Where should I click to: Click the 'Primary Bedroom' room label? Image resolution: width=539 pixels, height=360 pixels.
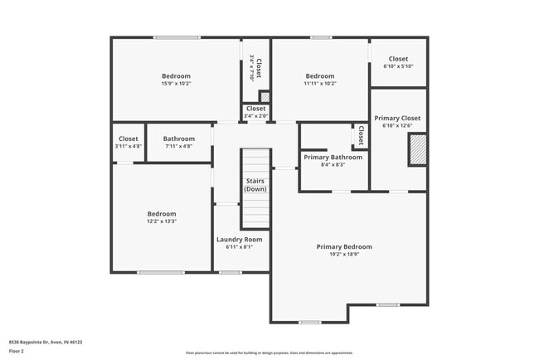click(x=344, y=246)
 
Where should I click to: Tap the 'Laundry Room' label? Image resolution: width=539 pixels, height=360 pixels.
click(x=240, y=239)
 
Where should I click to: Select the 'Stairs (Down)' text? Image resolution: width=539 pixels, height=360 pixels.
click(x=255, y=185)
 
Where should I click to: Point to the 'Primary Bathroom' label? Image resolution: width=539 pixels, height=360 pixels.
click(x=333, y=157)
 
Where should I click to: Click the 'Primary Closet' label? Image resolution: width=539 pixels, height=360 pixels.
click(x=398, y=118)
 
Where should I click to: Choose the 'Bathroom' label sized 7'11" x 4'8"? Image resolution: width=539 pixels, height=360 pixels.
click(x=179, y=139)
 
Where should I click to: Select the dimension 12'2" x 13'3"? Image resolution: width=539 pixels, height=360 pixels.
click(x=162, y=221)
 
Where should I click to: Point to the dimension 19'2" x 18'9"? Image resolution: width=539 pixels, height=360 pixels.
click(x=344, y=255)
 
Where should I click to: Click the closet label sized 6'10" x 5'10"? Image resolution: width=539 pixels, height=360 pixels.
click(x=398, y=59)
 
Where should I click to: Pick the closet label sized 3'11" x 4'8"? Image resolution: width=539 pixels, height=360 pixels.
click(x=129, y=139)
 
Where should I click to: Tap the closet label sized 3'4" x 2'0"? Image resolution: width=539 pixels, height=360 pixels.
click(x=256, y=109)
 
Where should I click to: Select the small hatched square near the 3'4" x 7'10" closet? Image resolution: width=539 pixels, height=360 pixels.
click(x=265, y=96)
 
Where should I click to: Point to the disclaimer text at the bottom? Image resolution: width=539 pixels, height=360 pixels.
click(x=269, y=353)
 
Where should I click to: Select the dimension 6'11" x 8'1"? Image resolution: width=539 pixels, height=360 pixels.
click(x=240, y=246)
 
